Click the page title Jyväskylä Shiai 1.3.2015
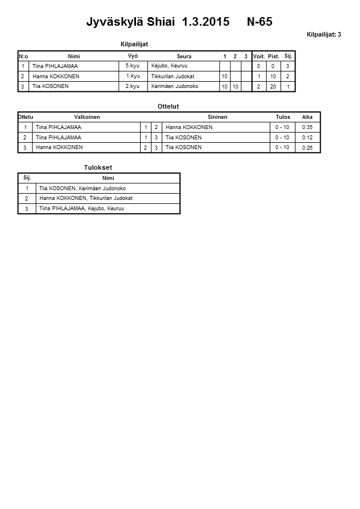158,22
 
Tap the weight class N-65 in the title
259,22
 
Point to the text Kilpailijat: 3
323,35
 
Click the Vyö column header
133,55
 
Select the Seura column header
184,57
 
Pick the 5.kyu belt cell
133,66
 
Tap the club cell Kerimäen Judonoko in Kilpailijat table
174,86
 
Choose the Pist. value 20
273,87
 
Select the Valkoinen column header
87,117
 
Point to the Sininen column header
217,117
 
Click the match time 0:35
307,127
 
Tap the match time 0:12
307,138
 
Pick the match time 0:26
307,148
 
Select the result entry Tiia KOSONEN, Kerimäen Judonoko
83,189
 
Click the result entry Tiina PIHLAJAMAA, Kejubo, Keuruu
82,209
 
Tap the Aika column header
307,117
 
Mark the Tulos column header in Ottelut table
283,117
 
